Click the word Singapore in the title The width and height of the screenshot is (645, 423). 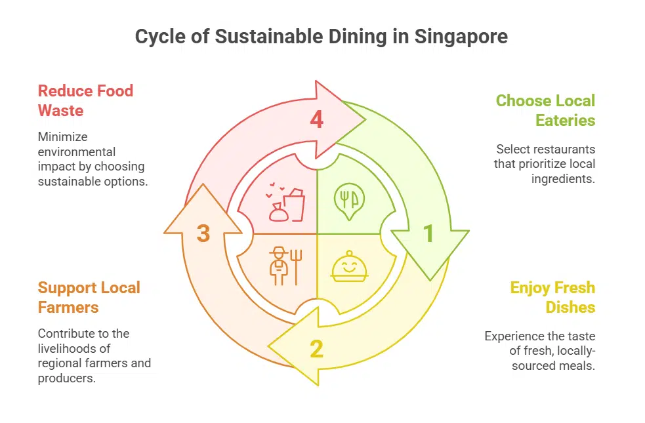pos(461,36)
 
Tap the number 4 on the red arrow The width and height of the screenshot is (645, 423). pos(317,120)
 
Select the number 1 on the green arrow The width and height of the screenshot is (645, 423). pos(428,233)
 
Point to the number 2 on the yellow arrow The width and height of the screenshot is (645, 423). pos(317,349)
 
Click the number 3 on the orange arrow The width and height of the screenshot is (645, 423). pos(203,233)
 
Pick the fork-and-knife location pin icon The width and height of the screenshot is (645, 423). pos(348,199)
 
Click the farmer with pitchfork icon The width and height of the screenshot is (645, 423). pos(283,266)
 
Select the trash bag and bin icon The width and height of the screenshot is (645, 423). pos(287,203)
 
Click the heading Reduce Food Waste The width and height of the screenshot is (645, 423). pos(85,100)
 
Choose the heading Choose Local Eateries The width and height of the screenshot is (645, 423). pos(546,110)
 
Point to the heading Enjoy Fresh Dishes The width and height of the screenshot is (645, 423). pos(553,297)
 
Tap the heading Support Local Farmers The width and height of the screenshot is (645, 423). pos(89,297)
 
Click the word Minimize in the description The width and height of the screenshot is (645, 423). pos(62,136)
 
